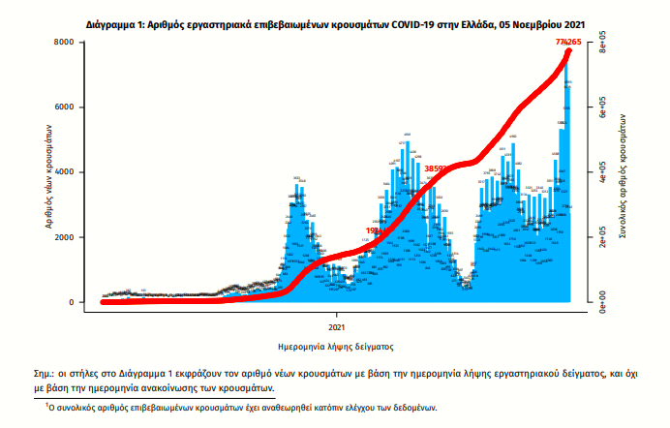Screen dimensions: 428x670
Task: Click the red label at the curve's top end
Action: (x=566, y=43)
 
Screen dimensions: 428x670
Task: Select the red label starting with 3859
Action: (x=435, y=168)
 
